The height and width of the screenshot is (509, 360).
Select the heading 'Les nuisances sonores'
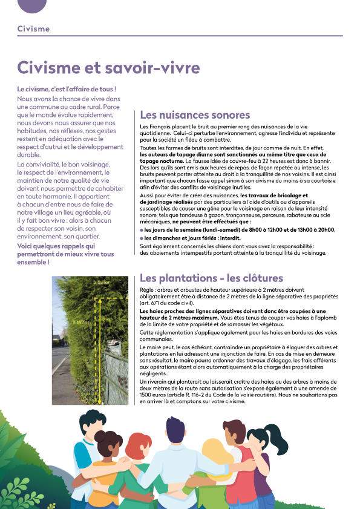tap(194, 115)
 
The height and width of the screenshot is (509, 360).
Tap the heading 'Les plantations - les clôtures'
tap(211, 278)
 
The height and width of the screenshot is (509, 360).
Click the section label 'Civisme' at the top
tap(34, 28)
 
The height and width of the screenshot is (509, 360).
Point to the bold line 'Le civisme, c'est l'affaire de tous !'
tap(67, 89)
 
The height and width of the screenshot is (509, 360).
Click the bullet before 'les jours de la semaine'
tap(142, 230)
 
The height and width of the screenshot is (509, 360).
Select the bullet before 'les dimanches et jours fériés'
tap(142, 238)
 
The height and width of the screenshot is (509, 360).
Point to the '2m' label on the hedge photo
tap(107, 320)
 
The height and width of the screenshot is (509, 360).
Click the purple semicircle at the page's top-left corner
tap(32, 5)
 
